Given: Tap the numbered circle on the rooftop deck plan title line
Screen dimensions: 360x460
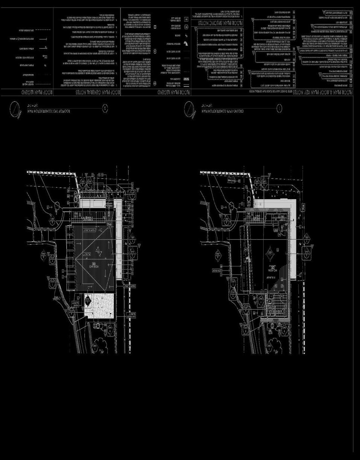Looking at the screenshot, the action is [105, 109].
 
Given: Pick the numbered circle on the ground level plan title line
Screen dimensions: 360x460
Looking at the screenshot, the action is [279, 109].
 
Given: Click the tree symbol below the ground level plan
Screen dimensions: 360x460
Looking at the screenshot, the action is [274, 344].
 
